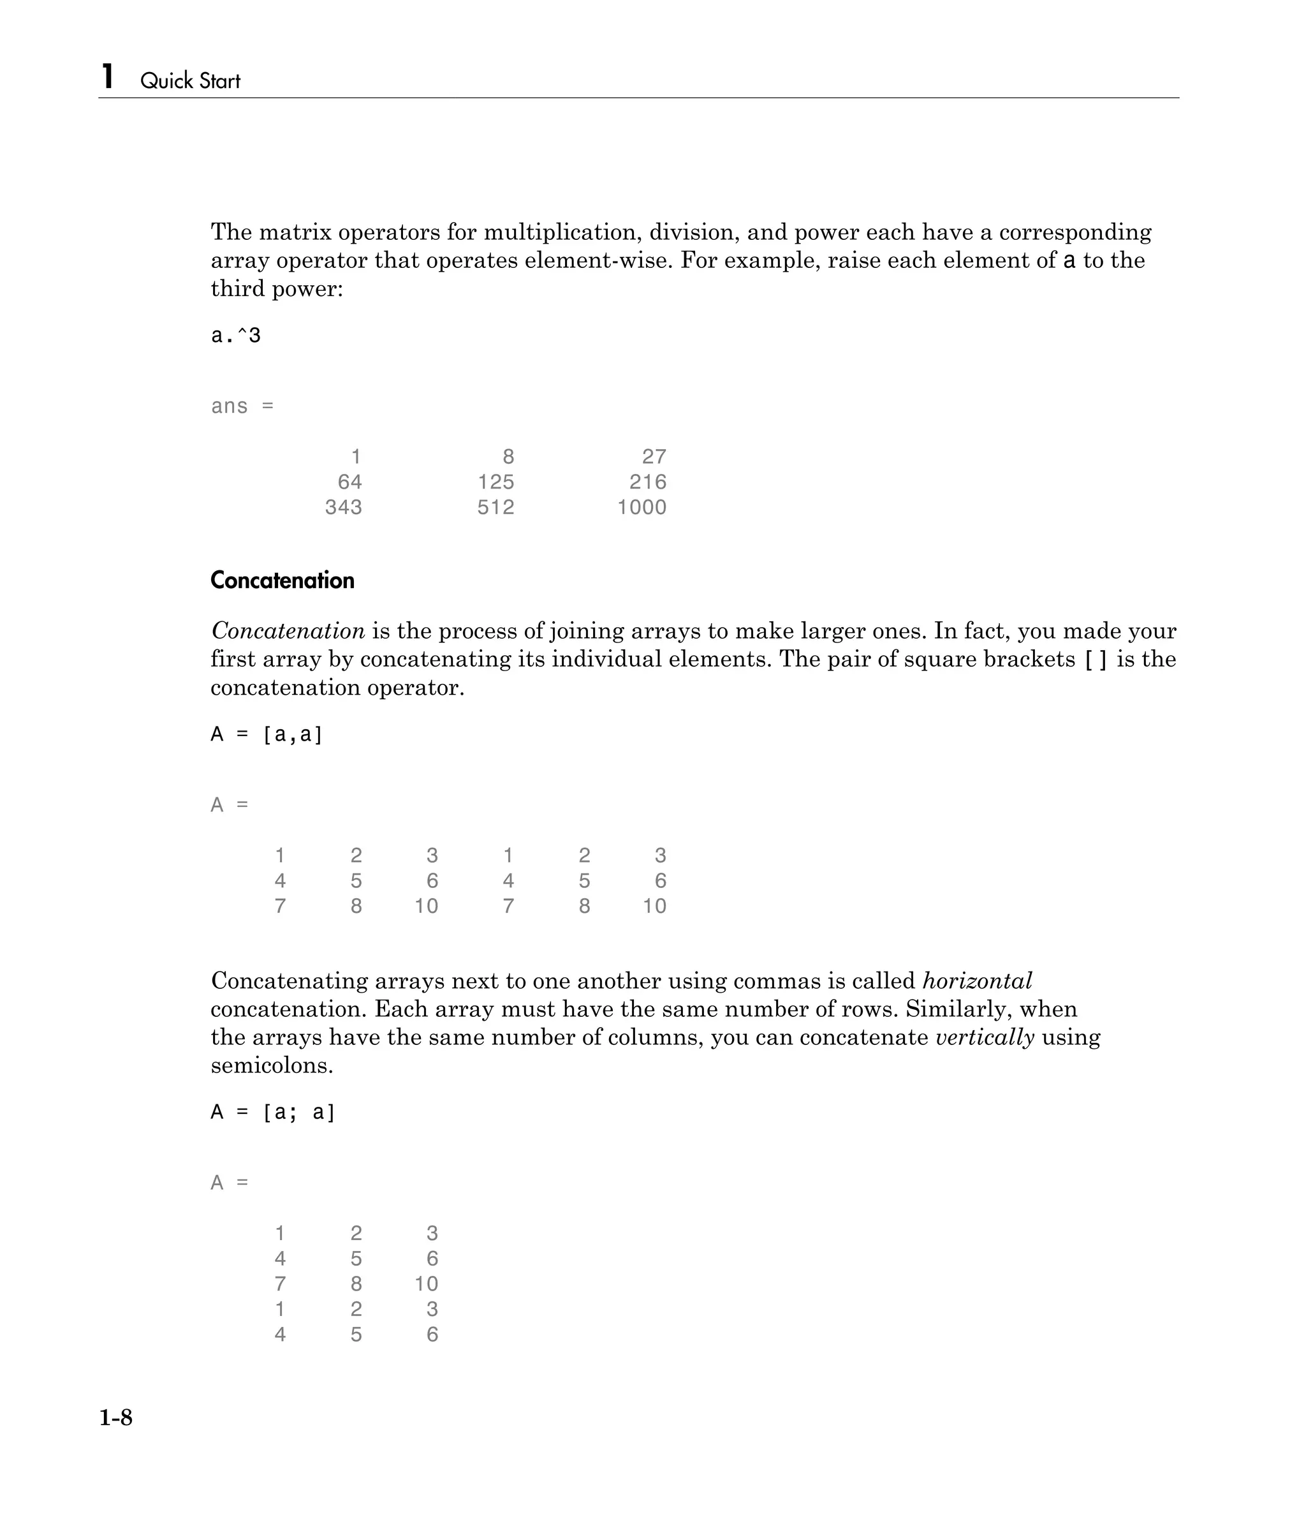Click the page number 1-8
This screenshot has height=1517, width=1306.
click(115, 1418)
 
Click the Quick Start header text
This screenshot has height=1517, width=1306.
click(189, 80)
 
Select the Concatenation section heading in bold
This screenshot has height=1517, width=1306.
click(282, 581)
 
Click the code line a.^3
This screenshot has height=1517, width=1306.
click(236, 336)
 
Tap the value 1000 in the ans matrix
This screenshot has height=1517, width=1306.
click(642, 507)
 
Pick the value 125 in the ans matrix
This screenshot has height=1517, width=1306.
click(495, 482)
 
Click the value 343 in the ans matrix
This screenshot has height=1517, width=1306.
click(343, 507)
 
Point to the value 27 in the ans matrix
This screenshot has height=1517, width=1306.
click(654, 457)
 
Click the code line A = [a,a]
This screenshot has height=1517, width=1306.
click(267, 734)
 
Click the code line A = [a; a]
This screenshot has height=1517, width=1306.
click(272, 1112)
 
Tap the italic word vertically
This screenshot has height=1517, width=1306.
click(985, 1037)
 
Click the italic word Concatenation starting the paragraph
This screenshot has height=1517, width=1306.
click(288, 631)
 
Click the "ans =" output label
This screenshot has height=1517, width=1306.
click(242, 406)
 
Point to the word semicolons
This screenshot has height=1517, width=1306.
click(272, 1065)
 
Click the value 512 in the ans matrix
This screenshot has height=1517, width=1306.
click(495, 507)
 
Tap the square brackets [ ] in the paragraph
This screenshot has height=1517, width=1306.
click(1095, 660)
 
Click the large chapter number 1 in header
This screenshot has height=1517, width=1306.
click(108, 77)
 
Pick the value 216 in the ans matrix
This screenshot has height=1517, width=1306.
click(648, 482)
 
